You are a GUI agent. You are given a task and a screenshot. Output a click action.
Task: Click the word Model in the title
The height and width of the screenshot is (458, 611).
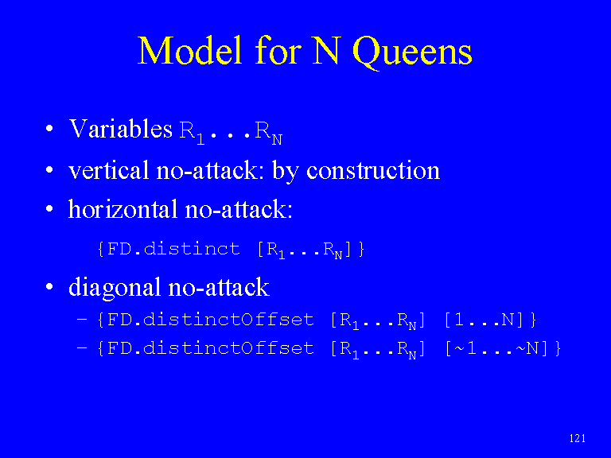191,50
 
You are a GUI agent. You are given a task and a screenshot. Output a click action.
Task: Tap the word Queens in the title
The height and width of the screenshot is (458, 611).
412,52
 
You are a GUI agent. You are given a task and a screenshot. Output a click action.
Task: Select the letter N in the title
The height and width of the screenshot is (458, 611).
327,50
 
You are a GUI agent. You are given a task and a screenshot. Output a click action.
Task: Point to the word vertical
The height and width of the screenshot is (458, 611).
108,170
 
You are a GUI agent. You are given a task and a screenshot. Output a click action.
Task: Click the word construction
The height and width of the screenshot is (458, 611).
373,170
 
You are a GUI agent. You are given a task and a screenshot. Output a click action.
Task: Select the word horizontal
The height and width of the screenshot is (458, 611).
123,209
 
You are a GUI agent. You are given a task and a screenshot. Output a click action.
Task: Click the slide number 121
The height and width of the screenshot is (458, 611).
577,439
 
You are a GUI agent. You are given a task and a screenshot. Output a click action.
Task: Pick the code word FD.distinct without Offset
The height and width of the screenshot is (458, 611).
173,249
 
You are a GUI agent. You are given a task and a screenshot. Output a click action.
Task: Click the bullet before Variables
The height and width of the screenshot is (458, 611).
49,129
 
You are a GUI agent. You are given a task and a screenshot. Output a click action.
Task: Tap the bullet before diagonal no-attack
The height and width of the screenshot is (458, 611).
49,287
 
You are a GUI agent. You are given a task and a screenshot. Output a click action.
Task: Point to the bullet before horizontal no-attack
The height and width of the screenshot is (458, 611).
49,209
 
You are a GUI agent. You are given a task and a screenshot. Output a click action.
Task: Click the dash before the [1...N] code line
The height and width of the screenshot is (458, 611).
82,320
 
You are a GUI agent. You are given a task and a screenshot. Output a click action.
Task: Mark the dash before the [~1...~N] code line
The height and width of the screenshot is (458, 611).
82,347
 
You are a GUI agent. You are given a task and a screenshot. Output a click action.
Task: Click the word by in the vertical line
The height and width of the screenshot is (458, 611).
286,172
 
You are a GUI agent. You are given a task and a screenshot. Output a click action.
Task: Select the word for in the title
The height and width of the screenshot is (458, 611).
278,50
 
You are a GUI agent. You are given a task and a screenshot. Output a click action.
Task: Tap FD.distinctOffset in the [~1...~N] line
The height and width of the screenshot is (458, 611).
210,348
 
